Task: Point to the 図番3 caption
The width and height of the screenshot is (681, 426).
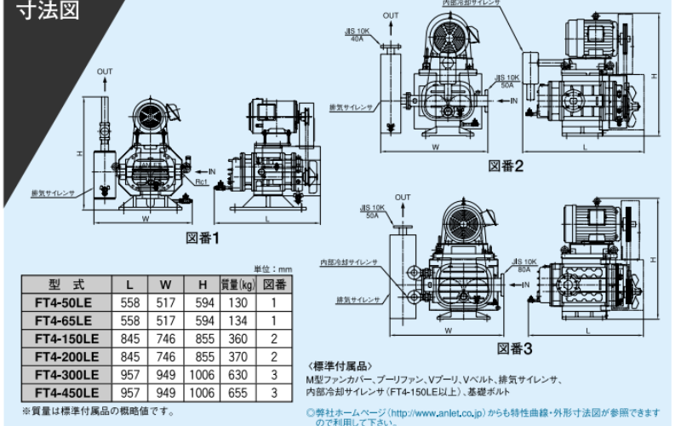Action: (514, 348)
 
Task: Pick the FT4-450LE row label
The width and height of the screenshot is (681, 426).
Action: (66, 392)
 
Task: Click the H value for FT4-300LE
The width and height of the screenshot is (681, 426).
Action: (202, 374)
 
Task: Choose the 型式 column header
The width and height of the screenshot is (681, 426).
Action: (66, 285)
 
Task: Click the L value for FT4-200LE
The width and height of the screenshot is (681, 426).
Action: (129, 356)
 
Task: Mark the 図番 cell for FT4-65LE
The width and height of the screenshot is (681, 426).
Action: (274, 320)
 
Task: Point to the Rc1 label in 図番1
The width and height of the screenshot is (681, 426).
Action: (202, 181)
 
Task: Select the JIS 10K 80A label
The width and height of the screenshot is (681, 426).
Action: (525, 266)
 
